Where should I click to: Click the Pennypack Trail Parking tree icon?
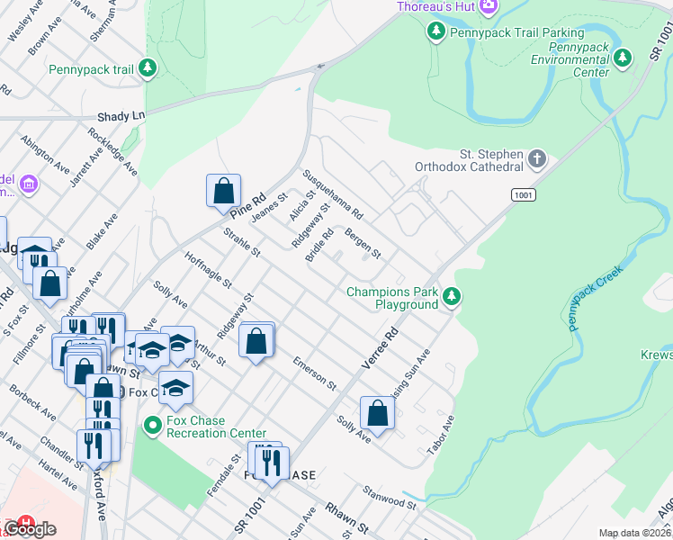(x=436, y=32)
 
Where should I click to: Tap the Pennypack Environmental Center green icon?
(x=623, y=59)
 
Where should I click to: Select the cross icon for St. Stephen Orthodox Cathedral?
(x=537, y=159)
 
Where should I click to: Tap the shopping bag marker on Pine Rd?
(x=223, y=191)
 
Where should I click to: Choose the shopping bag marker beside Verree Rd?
(x=377, y=413)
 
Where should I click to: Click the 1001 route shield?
(x=524, y=194)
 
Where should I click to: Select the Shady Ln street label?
(x=121, y=116)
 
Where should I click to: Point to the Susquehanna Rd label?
(x=333, y=195)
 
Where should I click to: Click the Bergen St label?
(x=363, y=242)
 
